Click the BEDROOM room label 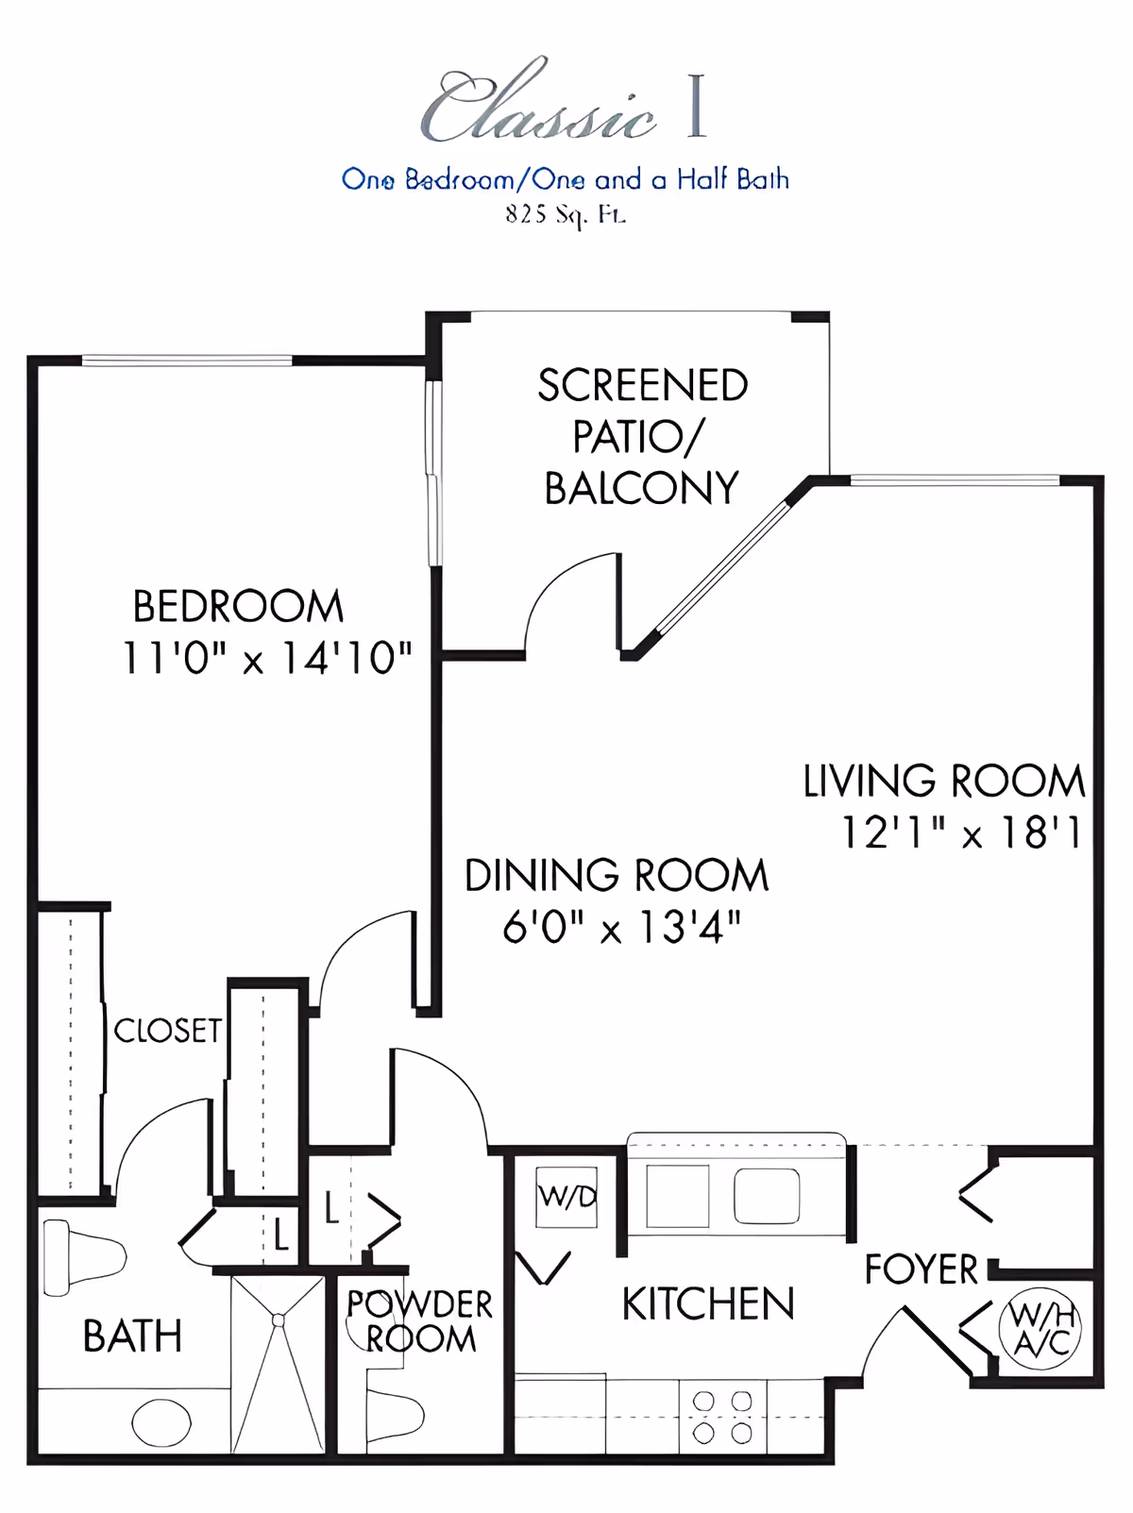point(238,606)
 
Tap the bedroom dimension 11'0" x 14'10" point(267,658)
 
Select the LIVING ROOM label point(944,781)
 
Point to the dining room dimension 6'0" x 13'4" point(621,927)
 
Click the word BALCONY point(641,488)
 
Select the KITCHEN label point(708,1303)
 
